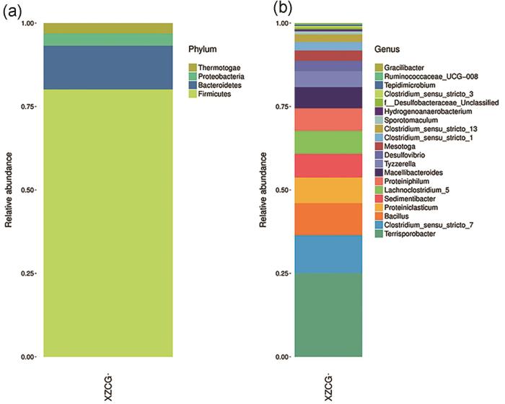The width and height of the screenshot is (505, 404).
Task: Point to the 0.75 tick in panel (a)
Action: pos(27,106)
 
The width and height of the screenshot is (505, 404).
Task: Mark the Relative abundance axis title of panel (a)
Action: pos(9,190)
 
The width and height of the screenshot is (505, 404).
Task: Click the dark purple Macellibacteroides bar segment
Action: pos(328,97)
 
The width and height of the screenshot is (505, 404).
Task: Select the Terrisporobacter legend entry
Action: pos(413,235)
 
